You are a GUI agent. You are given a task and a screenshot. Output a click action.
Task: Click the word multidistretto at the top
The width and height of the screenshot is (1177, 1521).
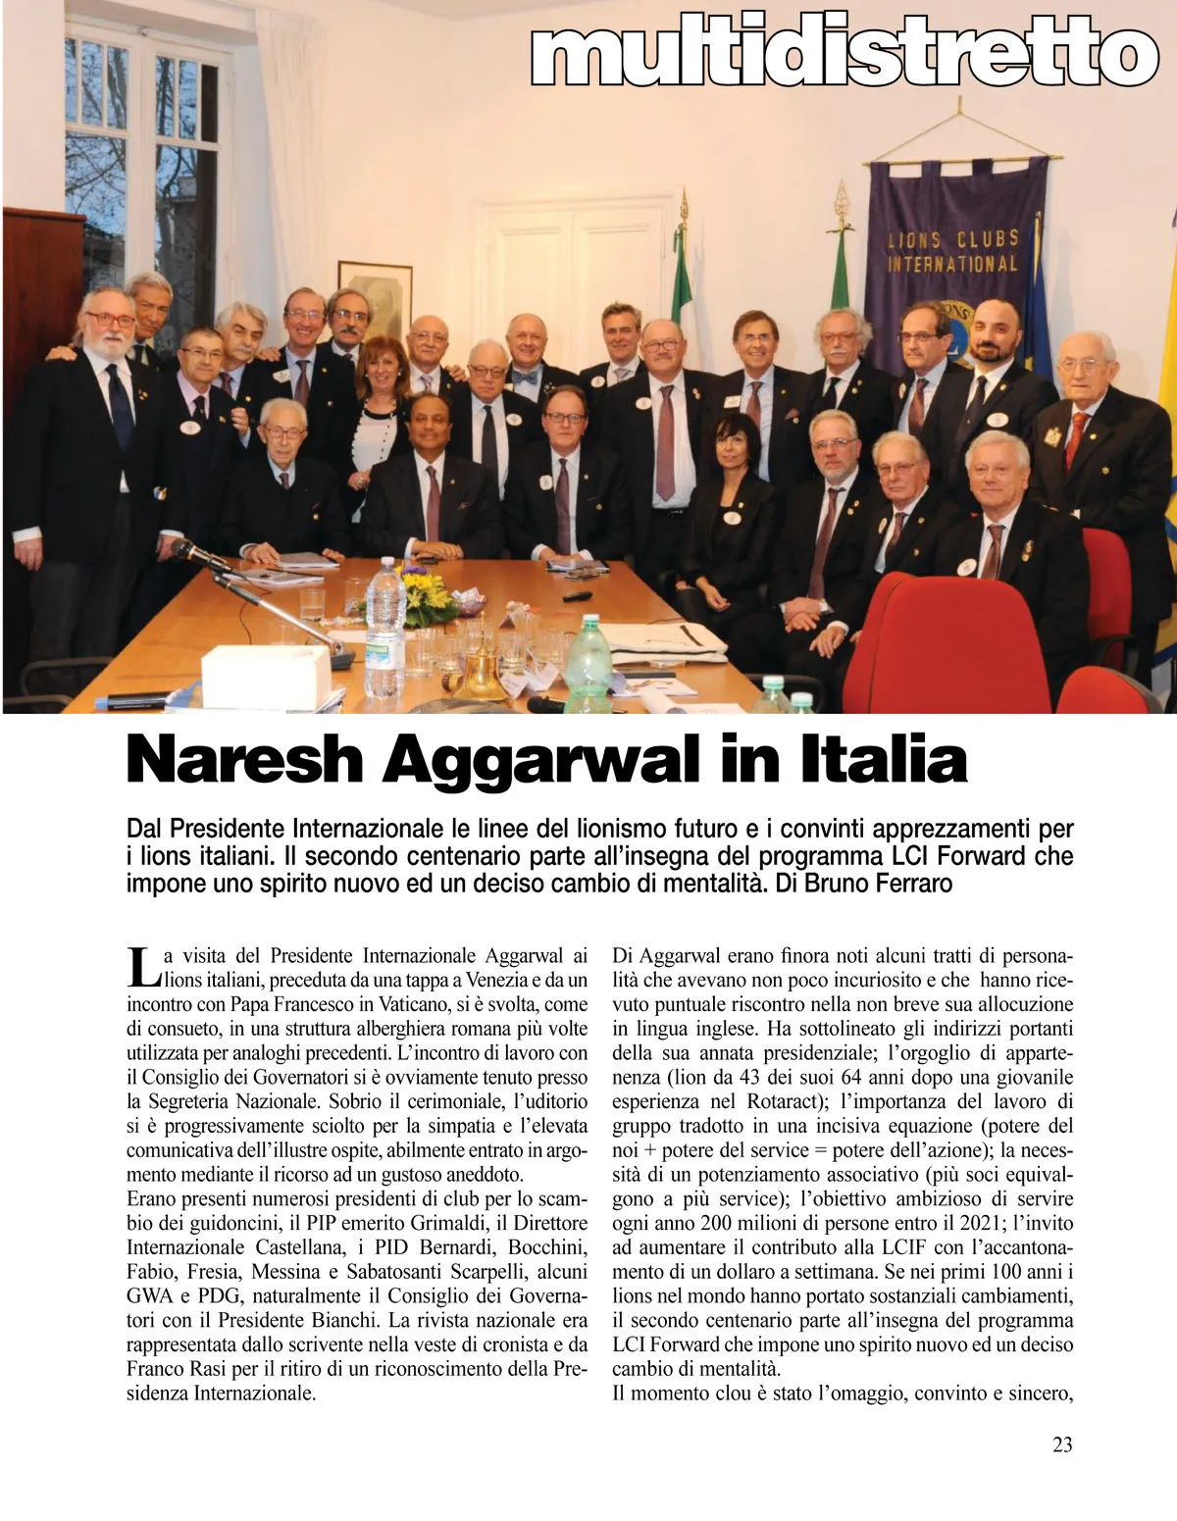tap(844, 56)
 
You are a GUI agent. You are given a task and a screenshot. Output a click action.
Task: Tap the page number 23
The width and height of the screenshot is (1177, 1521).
tap(1061, 1444)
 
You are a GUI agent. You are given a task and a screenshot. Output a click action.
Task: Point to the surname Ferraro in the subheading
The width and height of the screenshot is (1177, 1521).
tap(913, 884)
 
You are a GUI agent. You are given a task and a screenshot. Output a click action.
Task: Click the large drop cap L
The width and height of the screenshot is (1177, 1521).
tap(143, 966)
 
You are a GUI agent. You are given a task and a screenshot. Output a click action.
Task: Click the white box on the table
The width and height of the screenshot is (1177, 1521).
tap(265, 677)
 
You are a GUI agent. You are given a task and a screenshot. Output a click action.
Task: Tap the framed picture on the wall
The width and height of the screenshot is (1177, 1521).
tap(376, 294)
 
